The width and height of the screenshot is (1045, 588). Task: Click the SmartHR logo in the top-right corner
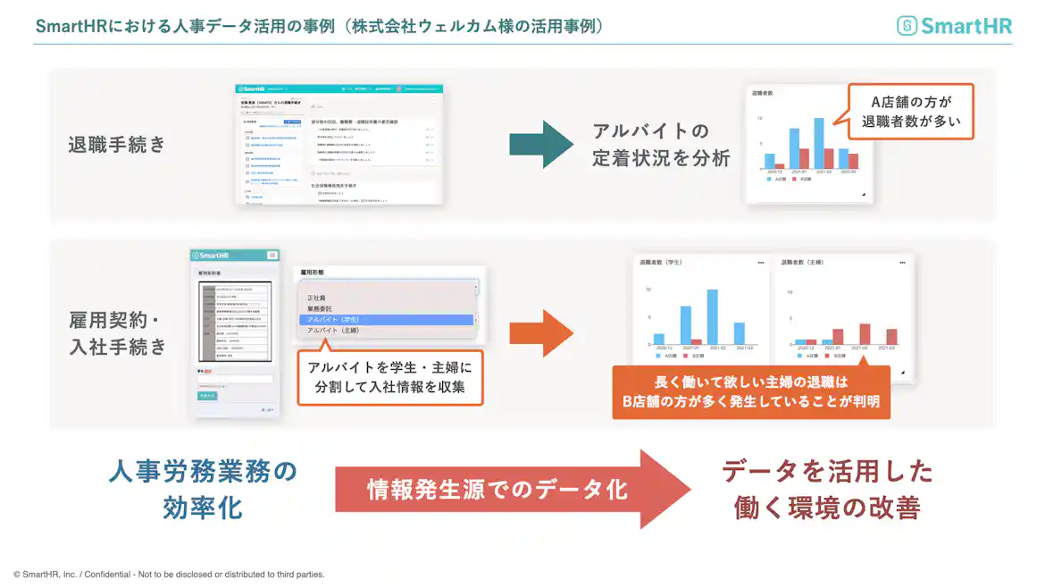point(954,26)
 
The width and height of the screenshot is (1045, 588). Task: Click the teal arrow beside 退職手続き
point(539,144)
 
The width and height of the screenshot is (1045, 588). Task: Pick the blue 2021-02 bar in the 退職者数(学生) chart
point(712,317)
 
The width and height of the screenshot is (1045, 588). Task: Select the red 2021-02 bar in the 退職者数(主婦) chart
point(864,334)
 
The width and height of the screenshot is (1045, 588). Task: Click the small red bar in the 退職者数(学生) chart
point(696,341)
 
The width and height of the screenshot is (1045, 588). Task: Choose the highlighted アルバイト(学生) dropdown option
point(385,320)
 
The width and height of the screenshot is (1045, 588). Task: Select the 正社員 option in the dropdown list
point(317,298)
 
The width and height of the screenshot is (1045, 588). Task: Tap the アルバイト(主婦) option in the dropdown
point(333,331)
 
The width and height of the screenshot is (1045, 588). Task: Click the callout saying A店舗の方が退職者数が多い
point(910,111)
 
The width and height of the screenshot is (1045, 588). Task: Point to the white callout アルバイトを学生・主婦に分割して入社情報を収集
point(390,378)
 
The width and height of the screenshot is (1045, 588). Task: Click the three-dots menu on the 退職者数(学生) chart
point(761,263)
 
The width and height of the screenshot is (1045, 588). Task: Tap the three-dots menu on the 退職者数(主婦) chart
point(902,263)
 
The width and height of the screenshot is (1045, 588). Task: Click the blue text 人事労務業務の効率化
point(203,489)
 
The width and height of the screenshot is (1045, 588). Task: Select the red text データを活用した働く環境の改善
point(827,489)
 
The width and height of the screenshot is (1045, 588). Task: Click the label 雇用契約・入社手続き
point(118,333)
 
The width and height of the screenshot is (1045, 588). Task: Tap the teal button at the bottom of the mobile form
point(207,394)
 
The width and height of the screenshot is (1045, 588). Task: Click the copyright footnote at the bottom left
point(170,575)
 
